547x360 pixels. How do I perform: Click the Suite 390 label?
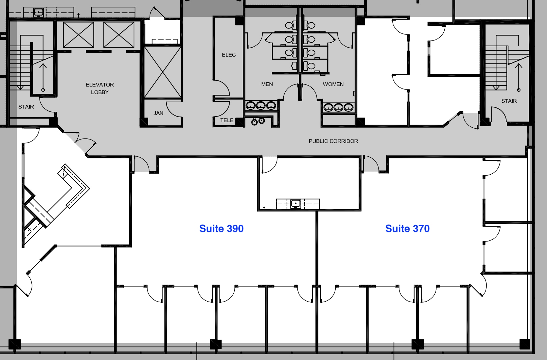tap(221, 229)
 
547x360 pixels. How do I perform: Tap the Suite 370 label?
tap(407, 229)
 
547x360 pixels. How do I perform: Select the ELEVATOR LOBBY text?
tap(100, 88)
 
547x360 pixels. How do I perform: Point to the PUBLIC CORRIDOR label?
tap(333, 141)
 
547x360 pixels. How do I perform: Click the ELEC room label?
tap(229, 55)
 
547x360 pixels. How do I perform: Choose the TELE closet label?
tap(227, 120)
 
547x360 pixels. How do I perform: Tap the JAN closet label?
tap(158, 113)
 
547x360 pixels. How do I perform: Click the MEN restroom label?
tap(267, 84)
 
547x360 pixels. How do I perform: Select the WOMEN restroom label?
tap(333, 84)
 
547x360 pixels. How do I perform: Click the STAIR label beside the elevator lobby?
tap(26, 107)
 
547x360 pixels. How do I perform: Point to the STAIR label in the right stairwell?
tap(509, 101)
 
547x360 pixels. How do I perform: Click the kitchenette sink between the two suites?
tap(295, 204)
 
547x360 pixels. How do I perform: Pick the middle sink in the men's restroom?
tap(261, 106)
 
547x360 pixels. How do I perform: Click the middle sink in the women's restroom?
tap(338, 108)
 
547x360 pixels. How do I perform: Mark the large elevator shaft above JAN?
tap(163, 72)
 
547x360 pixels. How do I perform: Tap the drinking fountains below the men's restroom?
tap(258, 121)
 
